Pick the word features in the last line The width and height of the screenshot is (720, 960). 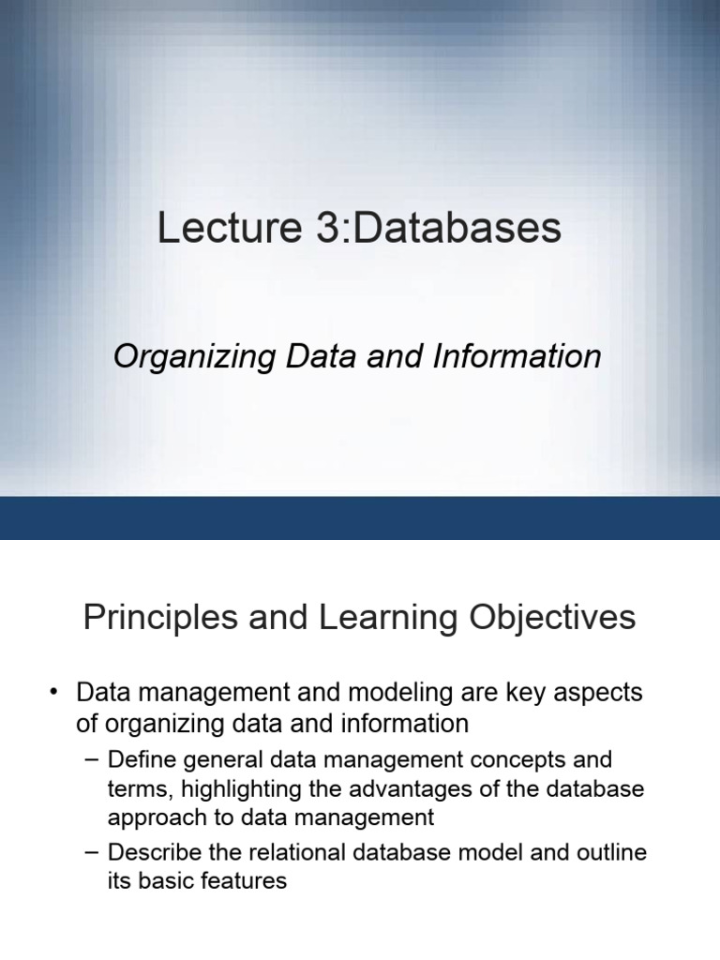coord(241,881)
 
